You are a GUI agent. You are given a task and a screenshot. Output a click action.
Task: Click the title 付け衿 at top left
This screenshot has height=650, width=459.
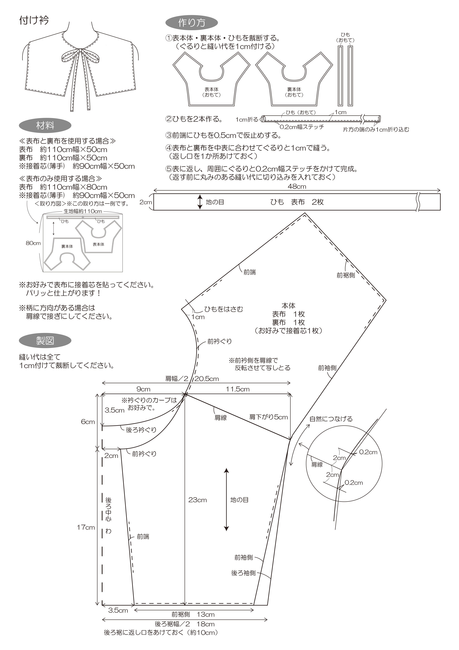click(x=34, y=20)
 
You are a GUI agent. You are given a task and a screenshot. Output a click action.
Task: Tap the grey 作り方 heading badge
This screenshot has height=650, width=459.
click(x=191, y=23)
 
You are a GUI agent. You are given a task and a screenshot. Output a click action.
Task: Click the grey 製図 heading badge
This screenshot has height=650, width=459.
click(x=45, y=341)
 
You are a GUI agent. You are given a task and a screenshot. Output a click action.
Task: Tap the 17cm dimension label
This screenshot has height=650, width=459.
click(x=86, y=527)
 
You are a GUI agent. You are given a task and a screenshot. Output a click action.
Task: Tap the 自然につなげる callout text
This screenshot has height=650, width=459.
click(x=331, y=419)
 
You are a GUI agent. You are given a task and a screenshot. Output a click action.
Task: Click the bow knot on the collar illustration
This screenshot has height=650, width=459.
click(x=80, y=51)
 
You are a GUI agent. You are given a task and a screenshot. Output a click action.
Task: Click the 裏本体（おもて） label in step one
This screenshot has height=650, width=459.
click(x=294, y=92)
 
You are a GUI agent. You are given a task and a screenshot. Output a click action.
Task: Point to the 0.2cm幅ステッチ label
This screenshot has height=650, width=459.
click(x=302, y=127)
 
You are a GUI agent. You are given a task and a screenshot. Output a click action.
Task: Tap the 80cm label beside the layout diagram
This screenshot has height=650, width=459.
click(x=33, y=243)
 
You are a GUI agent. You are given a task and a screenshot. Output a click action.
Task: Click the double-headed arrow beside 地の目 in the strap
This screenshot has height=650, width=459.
click(x=200, y=202)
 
